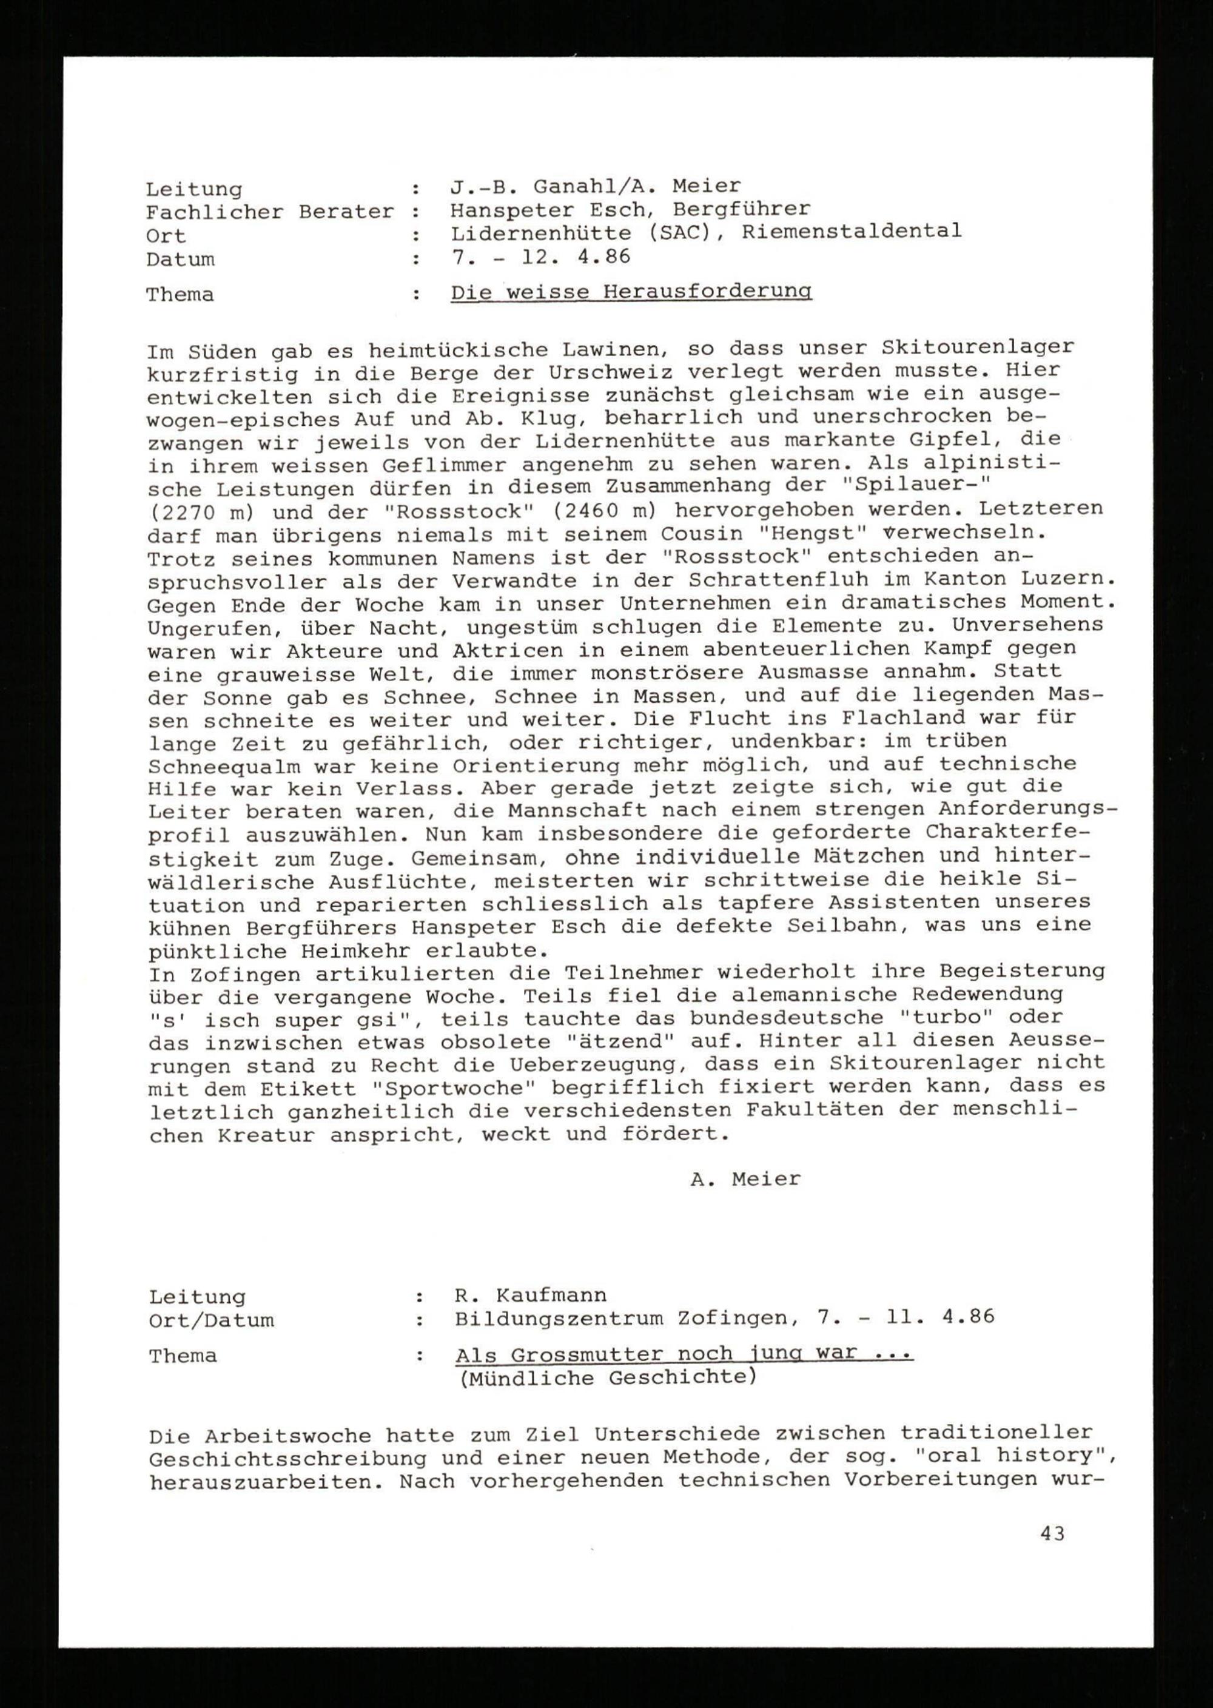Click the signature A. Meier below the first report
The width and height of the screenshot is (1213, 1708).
click(x=745, y=1179)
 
